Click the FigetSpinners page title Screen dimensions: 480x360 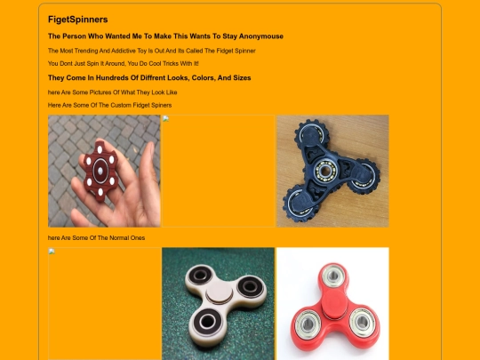77,20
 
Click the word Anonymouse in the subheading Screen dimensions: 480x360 260,36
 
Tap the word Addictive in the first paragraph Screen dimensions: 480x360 124,51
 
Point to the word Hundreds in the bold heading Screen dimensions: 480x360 112,77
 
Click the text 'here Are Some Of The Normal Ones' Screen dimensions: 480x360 96,238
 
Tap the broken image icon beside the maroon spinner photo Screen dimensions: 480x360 165,119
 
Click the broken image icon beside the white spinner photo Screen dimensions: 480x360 52,252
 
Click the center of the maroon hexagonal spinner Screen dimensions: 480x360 100,170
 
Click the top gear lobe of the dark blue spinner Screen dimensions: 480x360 312,135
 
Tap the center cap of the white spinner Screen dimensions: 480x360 219,295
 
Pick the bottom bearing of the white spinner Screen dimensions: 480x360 207,322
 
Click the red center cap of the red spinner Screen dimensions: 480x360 333,304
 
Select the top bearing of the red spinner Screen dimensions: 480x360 333,276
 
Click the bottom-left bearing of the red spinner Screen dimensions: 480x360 308,324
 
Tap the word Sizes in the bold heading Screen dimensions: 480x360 242,77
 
